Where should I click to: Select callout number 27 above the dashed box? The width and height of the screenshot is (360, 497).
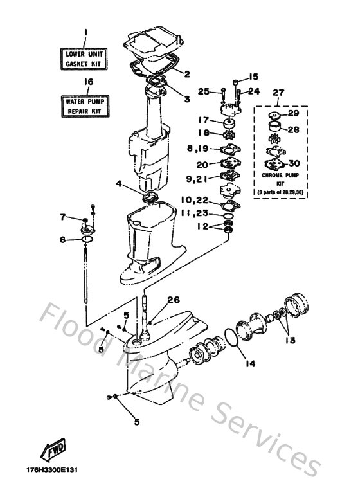(x=278, y=93)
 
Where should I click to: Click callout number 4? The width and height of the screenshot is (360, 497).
(x=119, y=183)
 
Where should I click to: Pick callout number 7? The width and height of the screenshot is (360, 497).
(x=63, y=216)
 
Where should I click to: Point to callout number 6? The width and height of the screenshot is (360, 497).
(x=63, y=240)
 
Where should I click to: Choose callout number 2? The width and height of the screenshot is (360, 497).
(x=187, y=74)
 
